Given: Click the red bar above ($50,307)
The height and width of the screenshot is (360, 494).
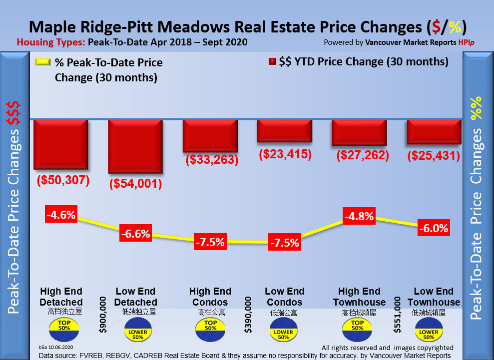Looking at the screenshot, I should tap(60, 144).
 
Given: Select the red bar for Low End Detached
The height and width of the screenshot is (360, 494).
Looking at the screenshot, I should tap(135, 147).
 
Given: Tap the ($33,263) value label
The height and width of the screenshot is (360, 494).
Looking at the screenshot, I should tap(211, 160).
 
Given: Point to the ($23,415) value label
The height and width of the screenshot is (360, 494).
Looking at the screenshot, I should tap(285, 154).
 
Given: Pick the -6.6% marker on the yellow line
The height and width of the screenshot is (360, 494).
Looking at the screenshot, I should tap(135, 234).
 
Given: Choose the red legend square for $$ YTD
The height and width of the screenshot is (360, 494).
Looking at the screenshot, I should tap(272, 62).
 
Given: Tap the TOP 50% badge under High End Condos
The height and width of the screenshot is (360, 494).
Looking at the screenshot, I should tap(210, 325).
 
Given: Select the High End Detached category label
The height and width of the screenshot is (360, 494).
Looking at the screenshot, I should tap(61, 297).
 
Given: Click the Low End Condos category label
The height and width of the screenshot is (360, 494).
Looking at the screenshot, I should tap(284, 297).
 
